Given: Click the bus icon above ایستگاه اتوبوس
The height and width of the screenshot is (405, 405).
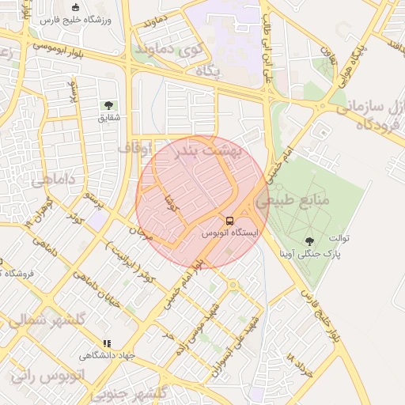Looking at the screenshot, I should click(229, 221).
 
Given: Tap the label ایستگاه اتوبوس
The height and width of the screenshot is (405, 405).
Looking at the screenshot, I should click(229, 233).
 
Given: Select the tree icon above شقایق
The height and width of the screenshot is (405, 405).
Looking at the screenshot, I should click(108, 105).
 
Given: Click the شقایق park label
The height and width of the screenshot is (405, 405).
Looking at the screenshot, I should click(108, 118).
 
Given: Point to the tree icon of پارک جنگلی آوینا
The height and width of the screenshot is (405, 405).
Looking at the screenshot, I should click(308, 241).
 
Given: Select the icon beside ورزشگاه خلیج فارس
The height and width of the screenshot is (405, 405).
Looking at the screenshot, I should click(75, 7).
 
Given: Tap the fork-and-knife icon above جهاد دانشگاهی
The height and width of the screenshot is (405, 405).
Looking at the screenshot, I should click(106, 343).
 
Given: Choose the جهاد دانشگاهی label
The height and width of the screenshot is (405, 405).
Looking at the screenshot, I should click(107, 356).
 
